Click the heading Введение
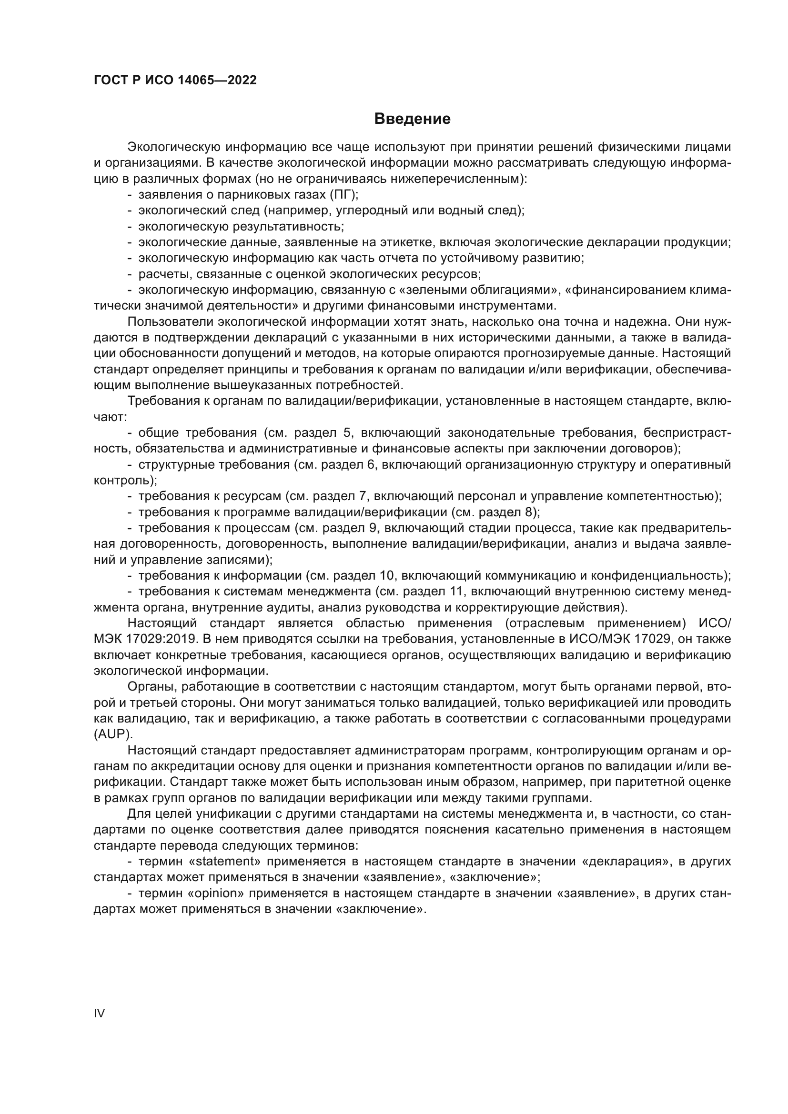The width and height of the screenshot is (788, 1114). point(412,119)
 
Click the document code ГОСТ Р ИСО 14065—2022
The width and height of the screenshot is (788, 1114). point(175,80)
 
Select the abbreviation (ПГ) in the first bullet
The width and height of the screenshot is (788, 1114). point(344,195)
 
